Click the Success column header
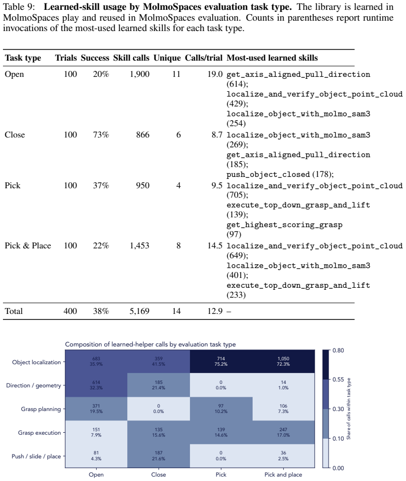click(95, 58)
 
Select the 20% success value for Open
click(101, 74)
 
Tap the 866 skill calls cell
click(143, 135)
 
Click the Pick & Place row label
click(28, 246)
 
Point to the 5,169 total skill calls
click(139, 311)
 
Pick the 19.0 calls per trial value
click(215, 74)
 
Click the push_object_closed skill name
click(268, 174)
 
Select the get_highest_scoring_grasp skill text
click(284, 225)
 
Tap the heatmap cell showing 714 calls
click(221, 361)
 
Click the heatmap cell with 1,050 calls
click(283, 361)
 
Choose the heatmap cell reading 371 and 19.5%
click(96, 409)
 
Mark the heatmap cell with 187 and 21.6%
click(158, 456)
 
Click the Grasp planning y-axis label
click(41, 409)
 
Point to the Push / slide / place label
click(36, 456)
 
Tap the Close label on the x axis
click(158, 475)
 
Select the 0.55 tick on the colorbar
click(338, 379)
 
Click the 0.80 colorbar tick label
click(338, 350)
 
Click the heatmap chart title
click(150, 344)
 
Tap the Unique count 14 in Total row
click(176, 311)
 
